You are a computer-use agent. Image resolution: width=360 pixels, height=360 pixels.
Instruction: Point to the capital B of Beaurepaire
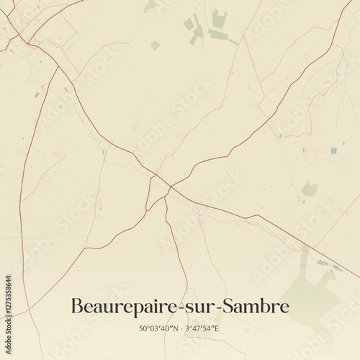coord(76,306)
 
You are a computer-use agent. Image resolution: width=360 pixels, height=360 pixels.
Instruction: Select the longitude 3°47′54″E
coord(202,328)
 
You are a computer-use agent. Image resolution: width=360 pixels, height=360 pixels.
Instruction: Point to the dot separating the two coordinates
coord(180,328)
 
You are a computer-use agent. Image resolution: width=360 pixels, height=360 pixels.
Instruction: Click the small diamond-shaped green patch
coord(156,45)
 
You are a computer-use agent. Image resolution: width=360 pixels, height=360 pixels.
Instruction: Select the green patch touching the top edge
coord(149,6)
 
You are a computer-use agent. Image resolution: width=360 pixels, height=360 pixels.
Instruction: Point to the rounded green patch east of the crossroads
coord(309,189)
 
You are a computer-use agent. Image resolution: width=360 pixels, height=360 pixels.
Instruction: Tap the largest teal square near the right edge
coord(333,150)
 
